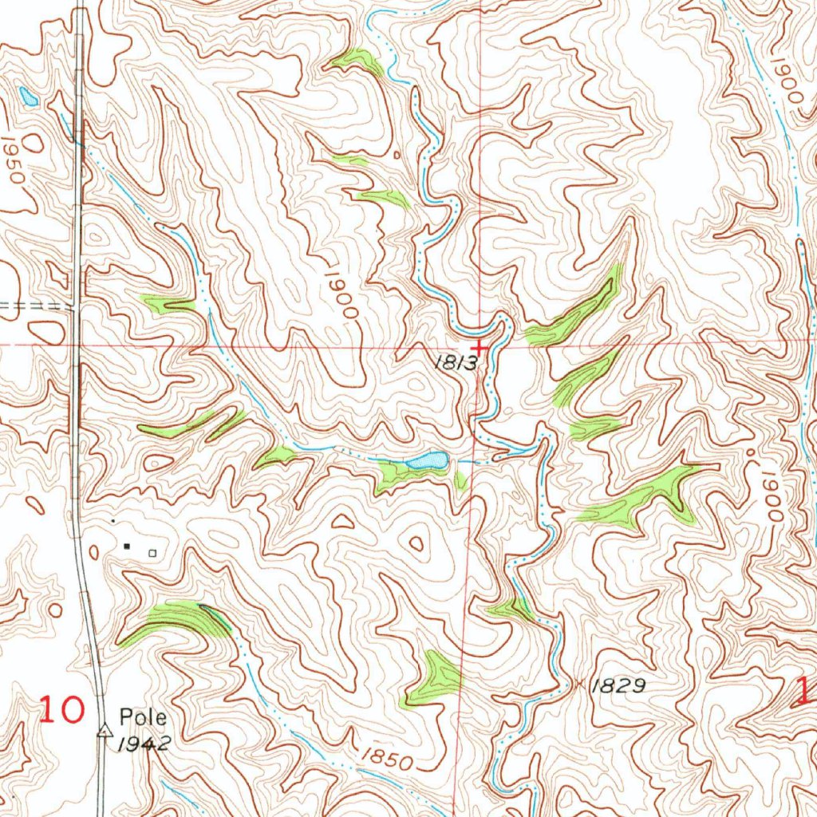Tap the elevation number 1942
(x=141, y=744)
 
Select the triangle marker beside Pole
(x=104, y=729)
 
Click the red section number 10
(x=62, y=709)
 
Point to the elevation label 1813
(x=456, y=363)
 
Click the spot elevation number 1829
(x=618, y=685)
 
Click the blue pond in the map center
(x=427, y=460)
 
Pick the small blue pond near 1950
(x=29, y=97)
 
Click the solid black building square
(x=127, y=547)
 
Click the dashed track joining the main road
(x=36, y=306)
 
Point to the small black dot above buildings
(x=112, y=521)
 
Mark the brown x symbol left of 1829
(x=579, y=685)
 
